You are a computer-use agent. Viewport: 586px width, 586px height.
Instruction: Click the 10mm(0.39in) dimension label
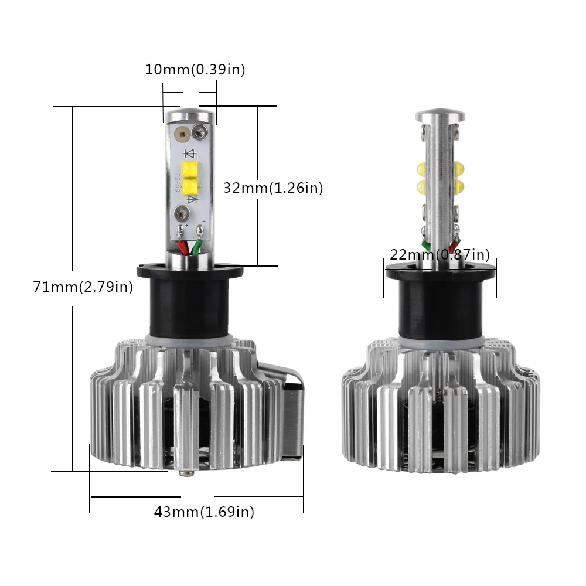coord(195,70)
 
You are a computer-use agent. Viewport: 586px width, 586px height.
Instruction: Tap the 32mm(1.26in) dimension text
coord(273,188)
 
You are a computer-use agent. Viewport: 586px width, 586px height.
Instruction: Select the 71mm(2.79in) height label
coord(83,287)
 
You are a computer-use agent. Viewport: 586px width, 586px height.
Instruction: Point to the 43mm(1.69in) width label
coord(204,512)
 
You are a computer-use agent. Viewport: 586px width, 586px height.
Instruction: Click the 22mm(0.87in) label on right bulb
coord(440,254)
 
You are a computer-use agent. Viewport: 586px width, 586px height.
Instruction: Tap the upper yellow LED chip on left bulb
coord(190,169)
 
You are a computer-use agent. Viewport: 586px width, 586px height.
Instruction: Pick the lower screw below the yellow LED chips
coord(182,213)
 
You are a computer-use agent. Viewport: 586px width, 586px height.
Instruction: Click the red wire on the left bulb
coord(183,247)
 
